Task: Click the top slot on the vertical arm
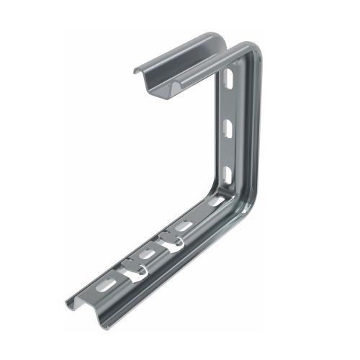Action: (x=228, y=77)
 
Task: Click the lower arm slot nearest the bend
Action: (x=217, y=202)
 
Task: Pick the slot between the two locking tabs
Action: (x=148, y=253)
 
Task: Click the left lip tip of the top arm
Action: (x=134, y=70)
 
